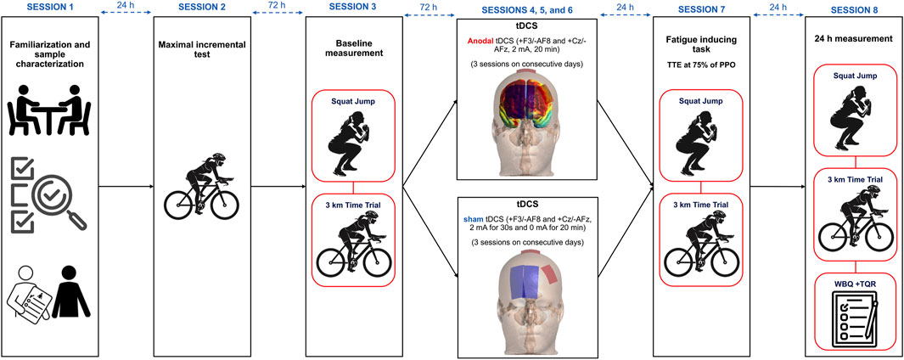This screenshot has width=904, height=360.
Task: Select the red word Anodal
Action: click(x=480, y=40)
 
